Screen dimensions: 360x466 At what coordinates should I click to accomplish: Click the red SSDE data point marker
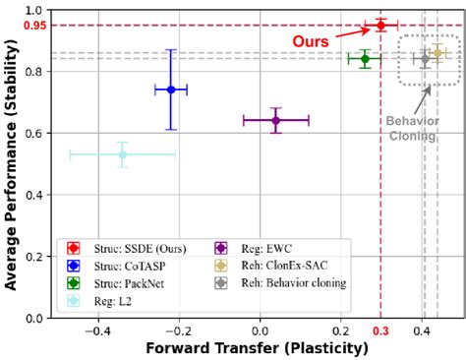coord(380,25)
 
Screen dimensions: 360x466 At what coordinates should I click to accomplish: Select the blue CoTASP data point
coord(171,90)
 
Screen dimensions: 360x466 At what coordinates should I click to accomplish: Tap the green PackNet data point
coord(365,59)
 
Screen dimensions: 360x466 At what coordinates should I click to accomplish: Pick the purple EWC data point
coord(275,120)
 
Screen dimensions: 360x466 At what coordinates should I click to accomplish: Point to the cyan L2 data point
coord(122,154)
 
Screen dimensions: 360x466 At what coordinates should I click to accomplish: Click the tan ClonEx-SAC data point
coord(437,53)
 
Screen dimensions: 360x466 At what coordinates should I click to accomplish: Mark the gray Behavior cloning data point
coord(425,59)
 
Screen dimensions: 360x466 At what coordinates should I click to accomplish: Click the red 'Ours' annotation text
coord(310,42)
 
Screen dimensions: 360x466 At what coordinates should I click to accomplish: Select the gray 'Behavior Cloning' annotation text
coord(412,128)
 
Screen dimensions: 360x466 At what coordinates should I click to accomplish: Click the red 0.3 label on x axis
coord(380,330)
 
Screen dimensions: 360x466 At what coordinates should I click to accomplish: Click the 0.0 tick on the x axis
coord(259,330)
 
